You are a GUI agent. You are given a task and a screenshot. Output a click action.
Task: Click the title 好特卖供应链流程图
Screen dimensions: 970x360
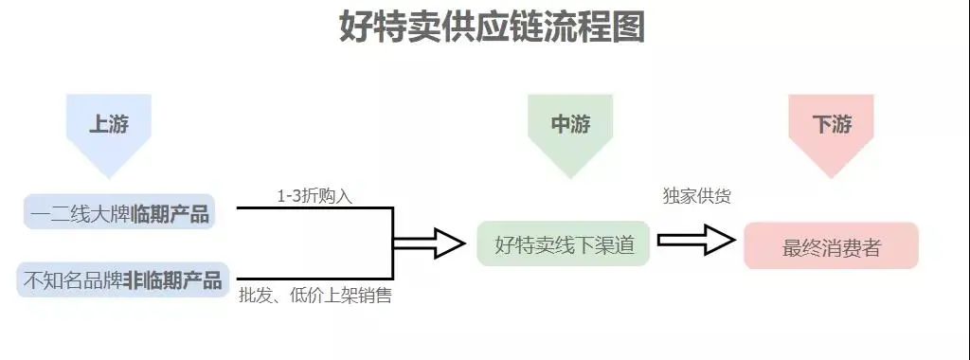click(x=492, y=27)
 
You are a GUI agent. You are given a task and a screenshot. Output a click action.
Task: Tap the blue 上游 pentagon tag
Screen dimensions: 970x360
click(x=109, y=126)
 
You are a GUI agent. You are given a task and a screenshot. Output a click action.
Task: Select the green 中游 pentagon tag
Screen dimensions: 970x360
click(x=570, y=126)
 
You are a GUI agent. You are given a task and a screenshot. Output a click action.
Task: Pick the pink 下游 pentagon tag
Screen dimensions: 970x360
click(x=831, y=126)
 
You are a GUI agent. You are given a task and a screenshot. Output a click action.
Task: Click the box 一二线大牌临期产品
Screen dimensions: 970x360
click(x=119, y=212)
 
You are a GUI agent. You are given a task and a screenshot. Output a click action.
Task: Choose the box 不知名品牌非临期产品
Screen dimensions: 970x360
click(x=122, y=280)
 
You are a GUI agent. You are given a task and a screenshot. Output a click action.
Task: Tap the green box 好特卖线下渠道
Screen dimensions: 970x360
click(x=563, y=244)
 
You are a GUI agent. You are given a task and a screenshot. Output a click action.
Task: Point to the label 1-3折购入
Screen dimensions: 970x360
click(x=314, y=196)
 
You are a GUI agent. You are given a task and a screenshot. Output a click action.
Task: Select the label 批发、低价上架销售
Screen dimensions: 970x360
click(x=315, y=297)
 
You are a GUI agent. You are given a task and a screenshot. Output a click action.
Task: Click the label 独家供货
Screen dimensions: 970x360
click(x=696, y=196)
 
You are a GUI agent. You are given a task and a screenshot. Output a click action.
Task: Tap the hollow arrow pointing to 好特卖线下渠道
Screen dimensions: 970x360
click(x=431, y=243)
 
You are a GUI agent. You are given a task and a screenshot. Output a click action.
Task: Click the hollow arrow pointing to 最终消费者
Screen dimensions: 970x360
click(x=696, y=241)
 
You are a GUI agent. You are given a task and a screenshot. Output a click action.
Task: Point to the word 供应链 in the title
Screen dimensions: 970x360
click(x=492, y=27)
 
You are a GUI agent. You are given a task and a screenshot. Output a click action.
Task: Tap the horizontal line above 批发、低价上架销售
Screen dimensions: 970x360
click(x=313, y=279)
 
